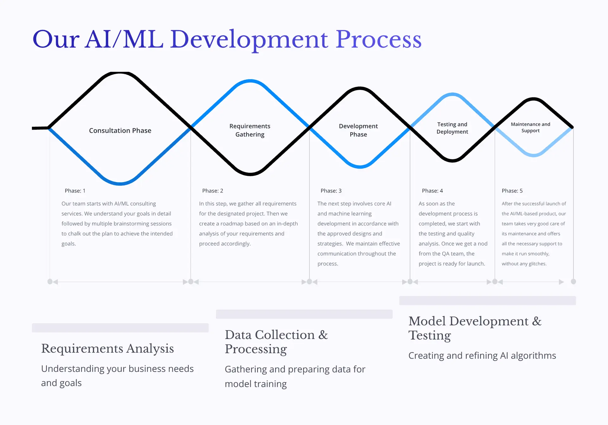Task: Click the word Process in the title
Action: (x=378, y=40)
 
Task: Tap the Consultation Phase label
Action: (x=120, y=131)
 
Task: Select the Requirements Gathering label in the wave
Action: (x=250, y=130)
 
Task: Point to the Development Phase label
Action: (x=358, y=130)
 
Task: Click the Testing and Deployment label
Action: (x=452, y=128)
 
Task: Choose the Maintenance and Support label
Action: (x=530, y=127)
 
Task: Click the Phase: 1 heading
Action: (x=75, y=191)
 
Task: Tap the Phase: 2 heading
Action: (x=212, y=191)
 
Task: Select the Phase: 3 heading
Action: (x=331, y=191)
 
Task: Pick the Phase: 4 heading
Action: (x=432, y=191)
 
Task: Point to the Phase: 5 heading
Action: (x=512, y=191)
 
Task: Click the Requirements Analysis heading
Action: (x=107, y=348)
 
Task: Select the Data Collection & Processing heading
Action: (x=276, y=342)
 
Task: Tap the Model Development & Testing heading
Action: (x=475, y=328)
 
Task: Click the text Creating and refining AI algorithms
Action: (x=482, y=356)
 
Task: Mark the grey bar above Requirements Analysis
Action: (x=120, y=328)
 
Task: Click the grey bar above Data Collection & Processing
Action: (x=304, y=314)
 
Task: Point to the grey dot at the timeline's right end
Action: (x=573, y=281)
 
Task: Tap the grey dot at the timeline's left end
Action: (x=50, y=281)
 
